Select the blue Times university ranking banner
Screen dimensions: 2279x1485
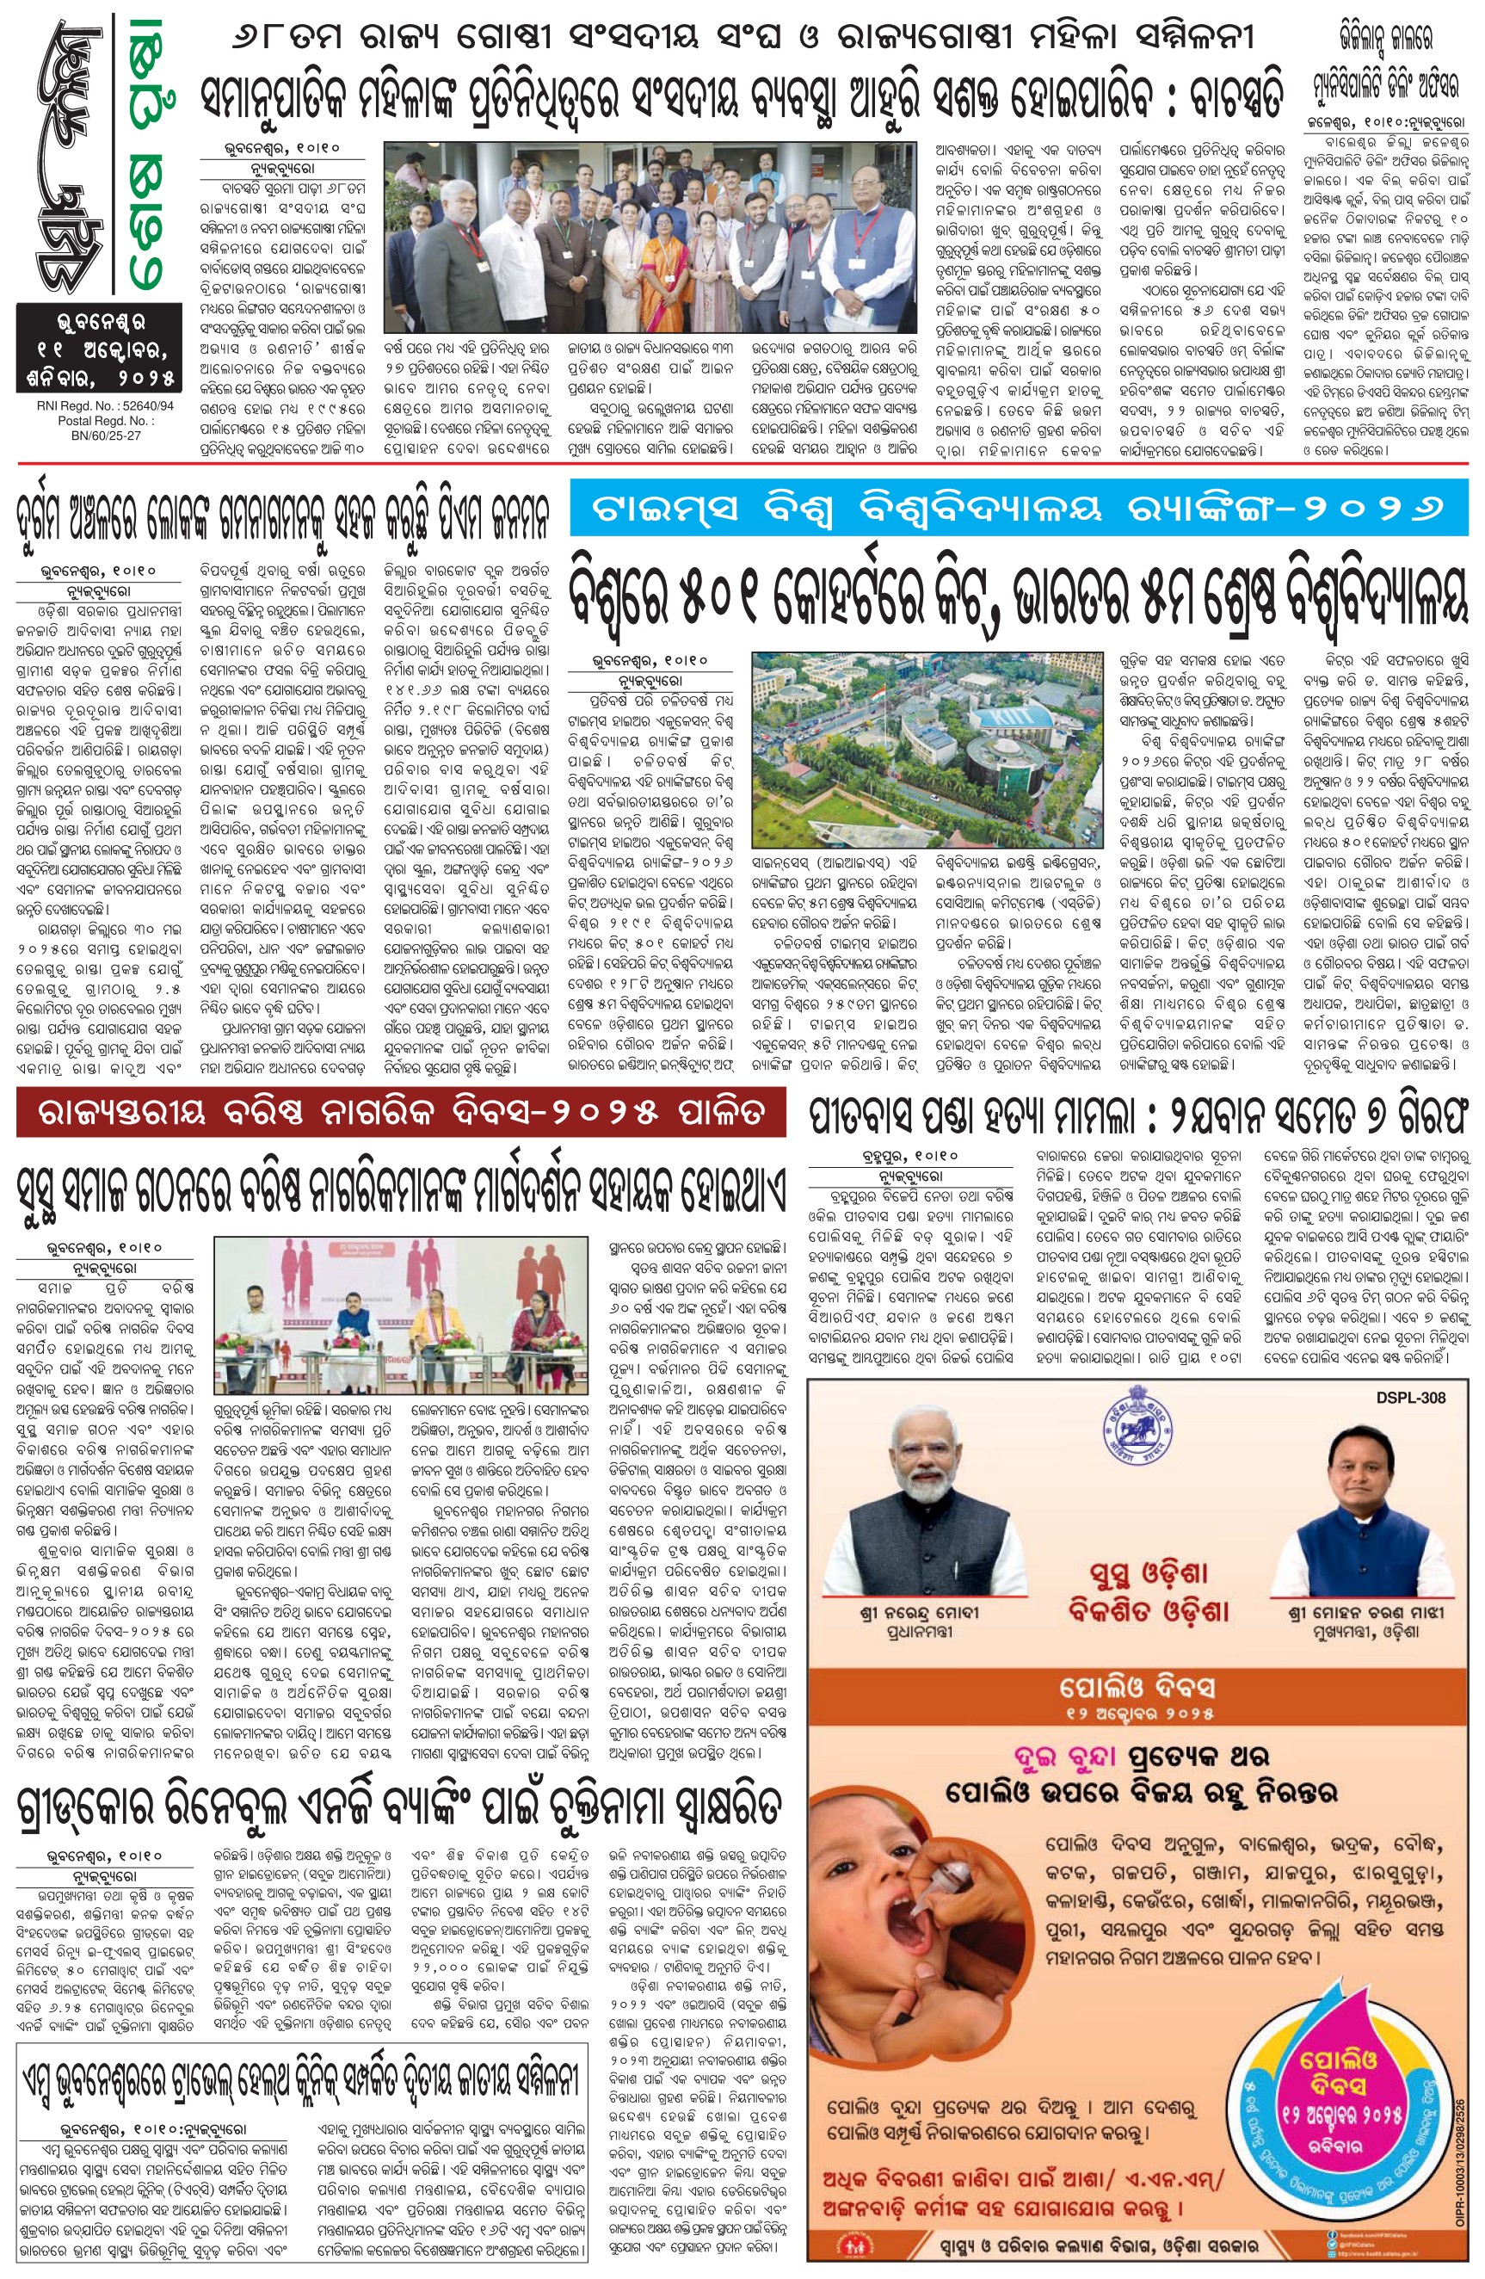(x=1018, y=509)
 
